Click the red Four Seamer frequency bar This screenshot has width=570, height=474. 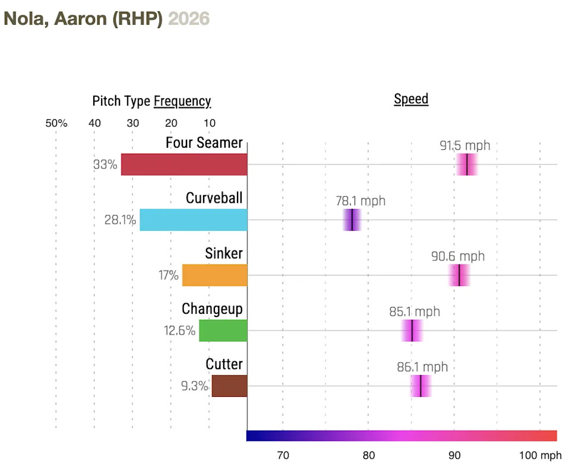184,164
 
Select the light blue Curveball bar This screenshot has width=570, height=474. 194,219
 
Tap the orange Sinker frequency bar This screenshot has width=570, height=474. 214,275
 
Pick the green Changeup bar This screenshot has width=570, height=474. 223,330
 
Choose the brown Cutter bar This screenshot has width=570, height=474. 229,386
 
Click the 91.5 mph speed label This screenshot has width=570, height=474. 465,145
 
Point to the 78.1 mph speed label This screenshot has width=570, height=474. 360,201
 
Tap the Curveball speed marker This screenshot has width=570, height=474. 352,219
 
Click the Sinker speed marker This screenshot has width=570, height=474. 459,275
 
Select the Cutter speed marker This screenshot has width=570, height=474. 420,386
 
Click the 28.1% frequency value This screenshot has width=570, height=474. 120,220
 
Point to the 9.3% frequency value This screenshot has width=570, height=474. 194,387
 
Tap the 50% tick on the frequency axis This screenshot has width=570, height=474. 56,123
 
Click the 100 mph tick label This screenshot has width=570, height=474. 539,456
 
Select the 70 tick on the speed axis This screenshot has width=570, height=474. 283,456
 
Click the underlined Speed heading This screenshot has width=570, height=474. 411,99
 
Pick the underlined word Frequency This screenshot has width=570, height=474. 182,101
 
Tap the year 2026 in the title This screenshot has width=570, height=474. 189,18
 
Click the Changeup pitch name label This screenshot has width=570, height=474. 212,309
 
